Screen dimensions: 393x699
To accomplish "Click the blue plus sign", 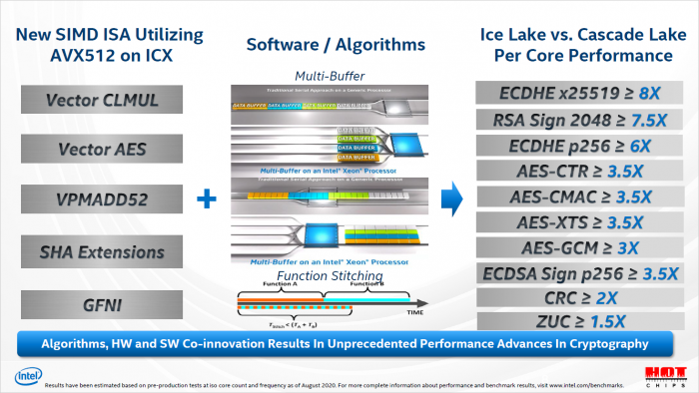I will (207, 198).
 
